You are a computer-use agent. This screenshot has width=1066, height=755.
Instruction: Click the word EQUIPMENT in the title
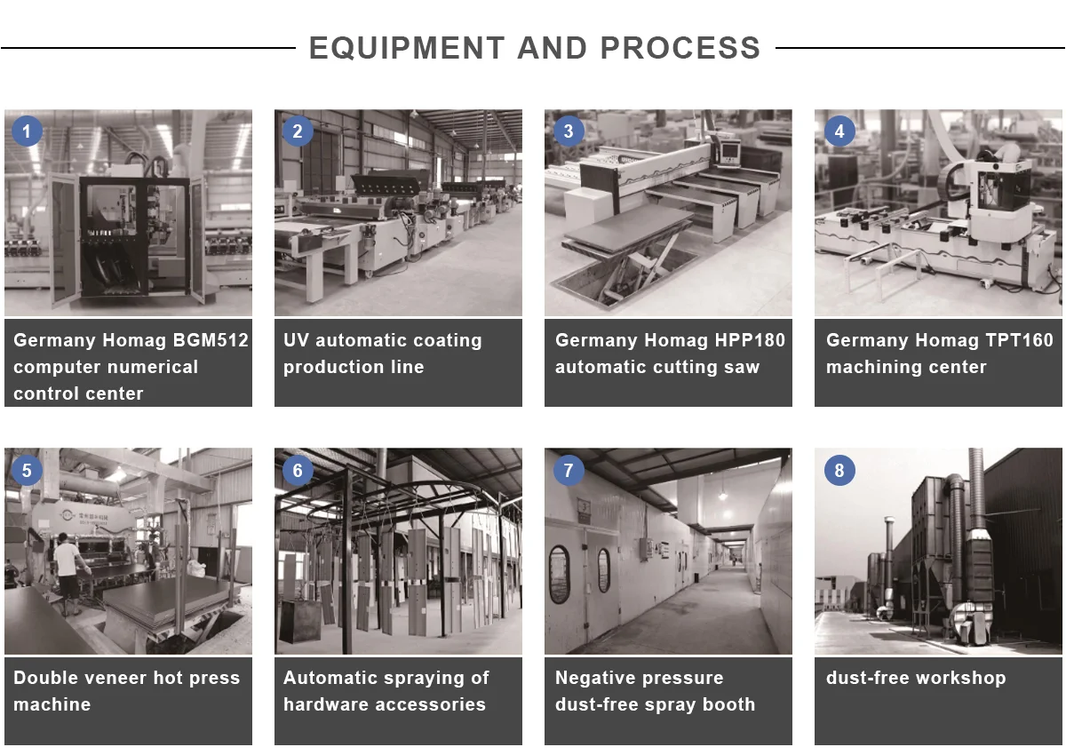pos(407,48)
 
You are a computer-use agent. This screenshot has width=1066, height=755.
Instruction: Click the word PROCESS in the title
pos(680,48)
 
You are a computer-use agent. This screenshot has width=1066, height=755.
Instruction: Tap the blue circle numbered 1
pos(27,131)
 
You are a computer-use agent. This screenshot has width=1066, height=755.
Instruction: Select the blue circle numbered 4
pos(839,131)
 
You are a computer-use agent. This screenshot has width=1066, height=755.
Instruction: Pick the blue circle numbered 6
pos(298,470)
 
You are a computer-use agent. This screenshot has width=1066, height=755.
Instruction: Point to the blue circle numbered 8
pos(839,470)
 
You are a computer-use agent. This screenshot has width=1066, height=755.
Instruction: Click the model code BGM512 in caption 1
pos(211,340)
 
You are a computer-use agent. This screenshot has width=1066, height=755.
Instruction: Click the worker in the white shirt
pos(69,573)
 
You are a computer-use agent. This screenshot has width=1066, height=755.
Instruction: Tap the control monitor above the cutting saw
pos(729,151)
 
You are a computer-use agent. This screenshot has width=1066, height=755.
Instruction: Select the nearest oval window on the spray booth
pos(559,575)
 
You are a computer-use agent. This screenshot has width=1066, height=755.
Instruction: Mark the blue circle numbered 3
pos(569,131)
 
